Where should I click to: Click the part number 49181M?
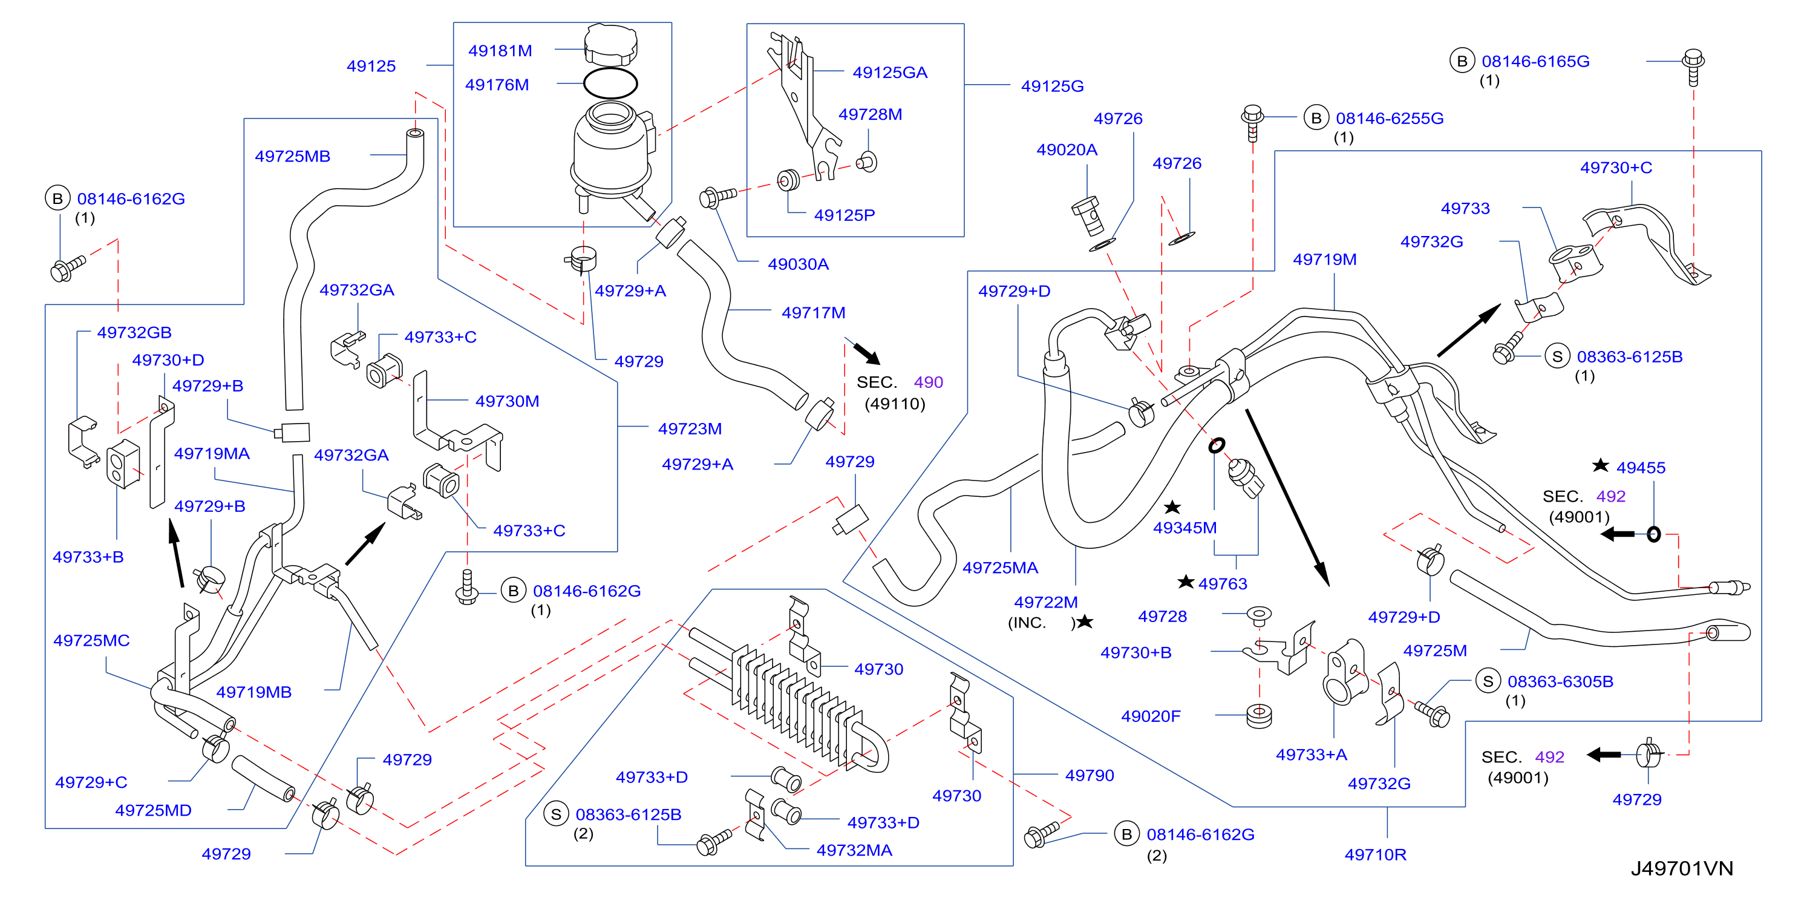point(500,50)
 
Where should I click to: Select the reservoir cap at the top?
point(610,44)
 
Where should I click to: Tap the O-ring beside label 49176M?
point(610,84)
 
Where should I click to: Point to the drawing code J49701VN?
point(1681,868)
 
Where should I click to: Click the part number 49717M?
point(813,313)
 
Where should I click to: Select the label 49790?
point(1090,775)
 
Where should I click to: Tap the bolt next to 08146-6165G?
point(1693,67)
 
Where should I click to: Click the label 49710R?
point(1375,854)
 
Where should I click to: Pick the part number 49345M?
point(1185,528)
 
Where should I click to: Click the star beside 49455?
point(1600,465)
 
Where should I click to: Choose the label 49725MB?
point(293,157)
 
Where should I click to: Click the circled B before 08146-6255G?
point(1316,118)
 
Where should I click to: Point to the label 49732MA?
point(854,850)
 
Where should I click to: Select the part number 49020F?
point(1151,716)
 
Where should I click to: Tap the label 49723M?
point(690,428)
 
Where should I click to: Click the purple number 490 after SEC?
point(928,382)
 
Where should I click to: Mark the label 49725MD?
point(153,810)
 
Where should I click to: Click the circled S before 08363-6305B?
point(1488,681)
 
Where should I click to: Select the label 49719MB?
point(254,692)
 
